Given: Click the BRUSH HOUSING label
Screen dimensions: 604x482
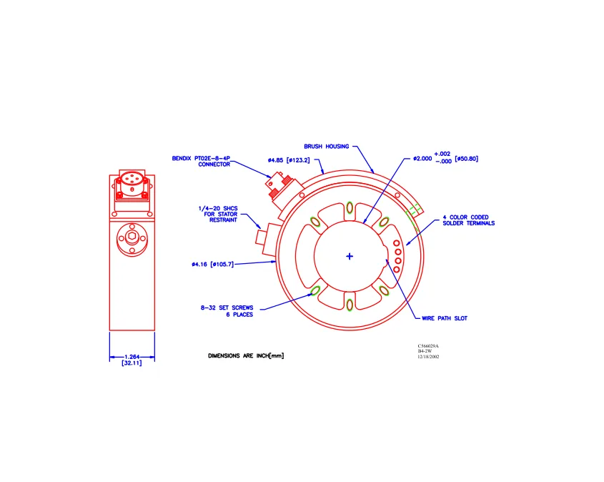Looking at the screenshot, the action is [326, 147].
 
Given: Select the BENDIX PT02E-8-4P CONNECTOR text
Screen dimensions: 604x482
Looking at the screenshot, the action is [201, 162].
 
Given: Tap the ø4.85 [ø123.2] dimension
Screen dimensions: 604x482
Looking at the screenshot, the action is [289, 160].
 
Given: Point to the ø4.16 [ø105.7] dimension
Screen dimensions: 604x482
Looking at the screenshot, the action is [212, 265].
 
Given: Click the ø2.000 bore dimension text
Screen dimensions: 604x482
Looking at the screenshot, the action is [422, 158].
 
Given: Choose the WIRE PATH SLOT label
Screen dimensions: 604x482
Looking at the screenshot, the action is [445, 318].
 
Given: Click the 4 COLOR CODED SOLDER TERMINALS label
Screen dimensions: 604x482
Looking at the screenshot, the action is [468, 220].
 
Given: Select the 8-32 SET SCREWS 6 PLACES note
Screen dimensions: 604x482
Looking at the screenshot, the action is [227, 311].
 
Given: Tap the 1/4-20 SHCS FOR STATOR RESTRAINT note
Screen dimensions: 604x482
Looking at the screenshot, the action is [218, 215].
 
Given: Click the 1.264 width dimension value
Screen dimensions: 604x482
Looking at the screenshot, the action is [132, 357].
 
